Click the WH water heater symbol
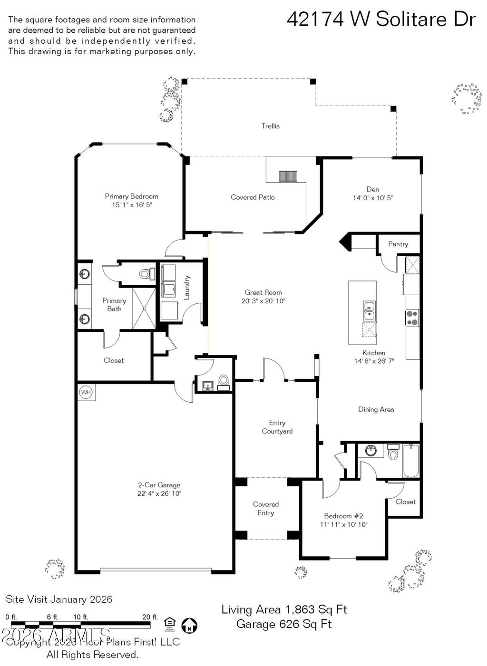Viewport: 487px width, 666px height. click(x=86, y=392)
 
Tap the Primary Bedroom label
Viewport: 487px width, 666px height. click(x=131, y=196)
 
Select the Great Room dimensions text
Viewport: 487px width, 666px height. click(x=263, y=301)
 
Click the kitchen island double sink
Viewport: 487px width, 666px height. click(x=369, y=311)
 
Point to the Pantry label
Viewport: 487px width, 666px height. click(x=398, y=244)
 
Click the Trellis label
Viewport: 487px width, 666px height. click(x=270, y=126)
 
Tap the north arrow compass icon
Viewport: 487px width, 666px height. click(x=189, y=625)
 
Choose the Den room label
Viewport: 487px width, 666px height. click(x=372, y=189)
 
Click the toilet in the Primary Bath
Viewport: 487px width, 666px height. click(x=146, y=274)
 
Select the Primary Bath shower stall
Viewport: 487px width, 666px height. click(x=144, y=308)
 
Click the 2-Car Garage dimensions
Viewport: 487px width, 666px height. click(x=159, y=493)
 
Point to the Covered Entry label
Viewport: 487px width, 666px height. click(x=266, y=508)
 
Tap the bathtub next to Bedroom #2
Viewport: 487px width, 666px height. click(x=410, y=460)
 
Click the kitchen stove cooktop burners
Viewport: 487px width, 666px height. click(x=412, y=318)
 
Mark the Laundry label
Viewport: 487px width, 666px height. click(x=187, y=287)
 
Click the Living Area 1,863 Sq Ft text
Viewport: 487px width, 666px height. click(x=284, y=609)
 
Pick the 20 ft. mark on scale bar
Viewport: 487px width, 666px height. click(x=150, y=617)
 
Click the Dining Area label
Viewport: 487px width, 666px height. click(x=376, y=409)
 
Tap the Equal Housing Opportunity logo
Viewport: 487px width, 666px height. click(x=169, y=623)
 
